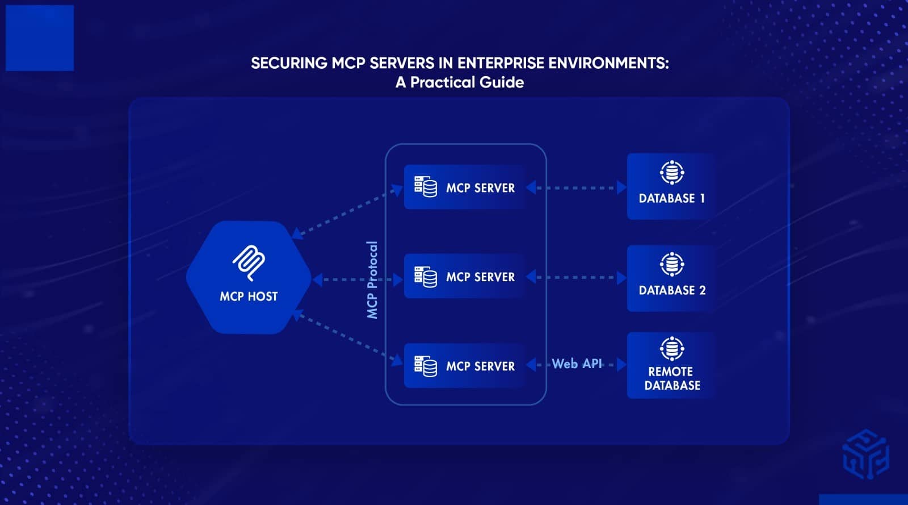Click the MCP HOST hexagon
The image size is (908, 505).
tap(249, 277)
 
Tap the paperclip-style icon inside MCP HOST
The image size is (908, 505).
tap(249, 262)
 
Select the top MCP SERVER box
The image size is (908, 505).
tap(464, 187)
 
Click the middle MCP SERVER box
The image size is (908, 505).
tap(464, 277)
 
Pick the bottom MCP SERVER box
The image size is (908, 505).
tap(464, 366)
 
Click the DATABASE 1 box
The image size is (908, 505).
tap(671, 186)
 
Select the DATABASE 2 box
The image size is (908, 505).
tap(671, 278)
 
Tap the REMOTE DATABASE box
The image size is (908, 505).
tap(671, 365)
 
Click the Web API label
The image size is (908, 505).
tap(577, 364)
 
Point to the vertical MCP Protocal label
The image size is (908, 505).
tap(372, 279)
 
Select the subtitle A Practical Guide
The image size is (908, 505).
tap(460, 82)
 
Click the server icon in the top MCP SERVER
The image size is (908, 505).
tap(425, 186)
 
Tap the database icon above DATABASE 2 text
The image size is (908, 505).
tap(672, 264)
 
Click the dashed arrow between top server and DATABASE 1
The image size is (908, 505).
tap(576, 187)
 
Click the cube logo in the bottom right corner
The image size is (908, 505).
tap(865, 454)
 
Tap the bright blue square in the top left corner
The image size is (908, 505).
tap(40, 38)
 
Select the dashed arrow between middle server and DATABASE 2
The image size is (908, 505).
tap(576, 277)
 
